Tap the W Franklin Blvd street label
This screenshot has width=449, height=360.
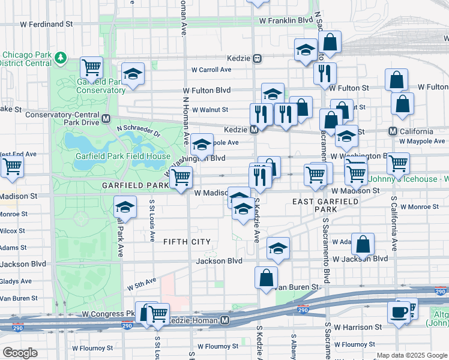(x=286, y=20)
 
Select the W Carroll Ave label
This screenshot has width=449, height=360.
(x=211, y=70)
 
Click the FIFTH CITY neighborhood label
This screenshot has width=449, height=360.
(x=187, y=242)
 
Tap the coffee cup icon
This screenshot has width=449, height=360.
(x=399, y=312)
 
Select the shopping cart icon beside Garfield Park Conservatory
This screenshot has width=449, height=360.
(x=91, y=67)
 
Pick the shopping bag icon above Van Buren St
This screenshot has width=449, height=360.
(x=266, y=277)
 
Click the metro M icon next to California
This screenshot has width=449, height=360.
(x=393, y=131)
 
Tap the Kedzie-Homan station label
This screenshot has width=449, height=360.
(x=191, y=321)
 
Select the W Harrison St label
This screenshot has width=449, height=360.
(x=358, y=328)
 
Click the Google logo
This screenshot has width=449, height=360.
(x=20, y=353)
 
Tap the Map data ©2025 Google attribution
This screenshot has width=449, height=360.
(x=411, y=355)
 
